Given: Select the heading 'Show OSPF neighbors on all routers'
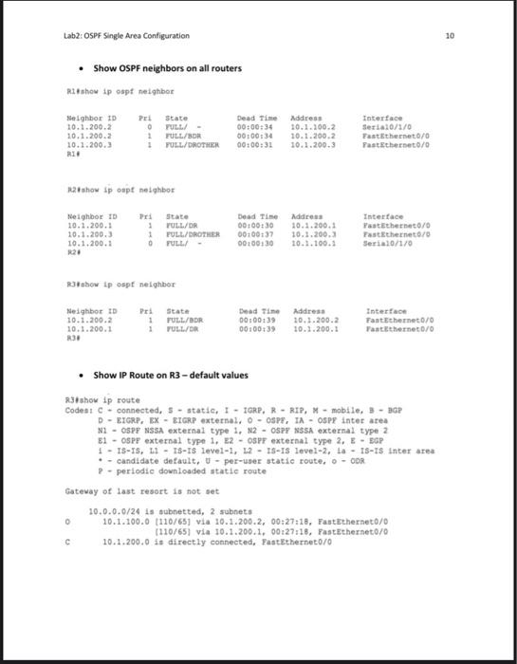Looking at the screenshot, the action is click(x=167, y=68).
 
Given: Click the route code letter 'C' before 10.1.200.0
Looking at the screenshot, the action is click(x=68, y=542).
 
